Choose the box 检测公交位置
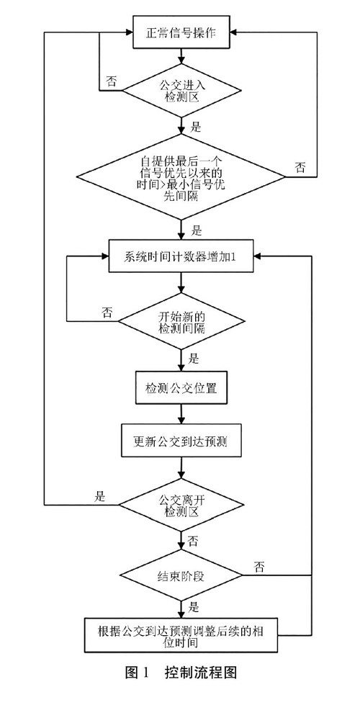coord(181,387)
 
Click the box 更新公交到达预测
coord(181,441)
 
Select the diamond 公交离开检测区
coord(181,505)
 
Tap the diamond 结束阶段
coord(181,575)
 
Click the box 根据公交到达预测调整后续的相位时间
coord(181,635)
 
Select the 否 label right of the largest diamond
coord(300,168)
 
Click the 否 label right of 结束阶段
coord(259,567)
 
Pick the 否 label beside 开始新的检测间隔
coord(107,312)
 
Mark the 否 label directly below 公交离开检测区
coord(193,541)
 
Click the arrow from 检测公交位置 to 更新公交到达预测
coord(181,414)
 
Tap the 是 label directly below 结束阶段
coord(193,607)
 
